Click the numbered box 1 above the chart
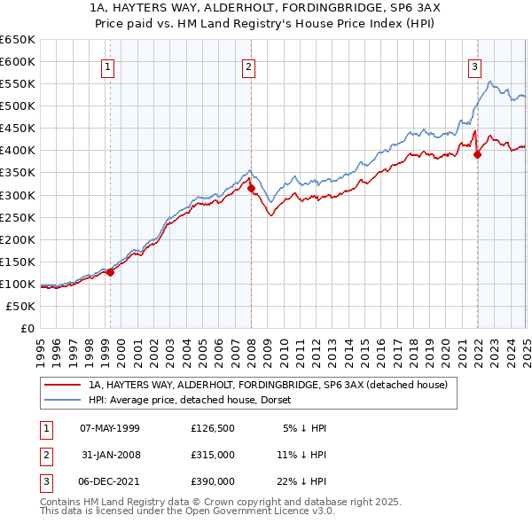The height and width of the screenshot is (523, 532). (x=107, y=66)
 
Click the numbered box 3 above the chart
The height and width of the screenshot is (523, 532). (x=475, y=66)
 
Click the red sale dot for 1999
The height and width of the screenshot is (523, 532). (x=111, y=272)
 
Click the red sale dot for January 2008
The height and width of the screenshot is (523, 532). (x=252, y=188)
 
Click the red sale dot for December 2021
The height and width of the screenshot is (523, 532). (x=477, y=154)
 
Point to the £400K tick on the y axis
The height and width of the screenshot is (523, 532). (x=19, y=151)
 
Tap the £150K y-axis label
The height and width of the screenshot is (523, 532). (x=19, y=261)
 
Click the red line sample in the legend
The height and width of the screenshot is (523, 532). (x=63, y=386)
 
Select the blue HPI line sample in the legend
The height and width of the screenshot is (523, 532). (x=63, y=401)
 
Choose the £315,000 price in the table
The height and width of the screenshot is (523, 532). (x=213, y=455)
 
